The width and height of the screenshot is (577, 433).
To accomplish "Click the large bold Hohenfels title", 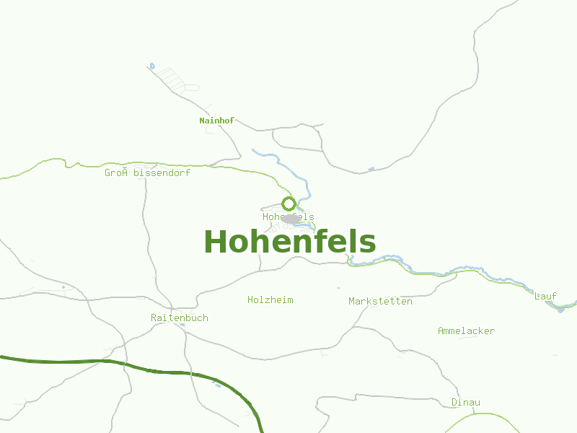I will (289, 242).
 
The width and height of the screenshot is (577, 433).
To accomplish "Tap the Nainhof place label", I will (216, 121).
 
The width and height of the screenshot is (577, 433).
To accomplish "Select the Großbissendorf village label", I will (147, 173).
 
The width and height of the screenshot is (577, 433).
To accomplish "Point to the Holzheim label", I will (270, 299).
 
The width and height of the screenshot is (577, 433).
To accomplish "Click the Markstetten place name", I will (380, 301).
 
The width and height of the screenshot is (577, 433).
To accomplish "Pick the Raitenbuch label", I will (179, 318).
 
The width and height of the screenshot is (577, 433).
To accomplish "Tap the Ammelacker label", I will (466, 331).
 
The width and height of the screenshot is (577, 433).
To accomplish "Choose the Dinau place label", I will (465, 402).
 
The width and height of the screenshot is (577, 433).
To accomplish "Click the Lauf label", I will (545, 296).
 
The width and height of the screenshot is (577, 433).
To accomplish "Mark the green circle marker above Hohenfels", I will (288, 204).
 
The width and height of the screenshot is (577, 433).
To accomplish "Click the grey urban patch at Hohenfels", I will (291, 219).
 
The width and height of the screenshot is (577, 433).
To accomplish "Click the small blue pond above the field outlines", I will (151, 66).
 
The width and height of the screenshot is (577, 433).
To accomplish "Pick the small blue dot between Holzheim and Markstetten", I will (338, 288).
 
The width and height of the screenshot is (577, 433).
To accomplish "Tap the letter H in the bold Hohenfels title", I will (216, 242).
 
